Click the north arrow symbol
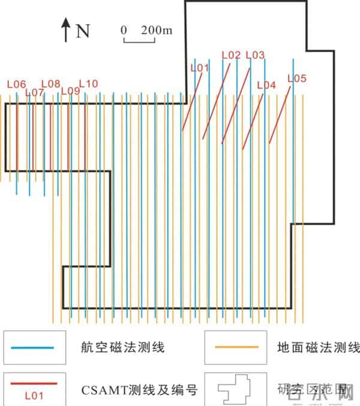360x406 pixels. (x=65, y=30)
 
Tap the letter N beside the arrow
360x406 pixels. (x=82, y=31)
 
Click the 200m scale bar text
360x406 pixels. (x=155, y=29)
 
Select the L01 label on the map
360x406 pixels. (x=199, y=67)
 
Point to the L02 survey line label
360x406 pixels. (x=231, y=55)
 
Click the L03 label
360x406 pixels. (x=255, y=55)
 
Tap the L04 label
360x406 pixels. (x=266, y=85)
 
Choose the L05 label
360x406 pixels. (x=296, y=78)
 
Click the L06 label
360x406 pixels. (x=16, y=85)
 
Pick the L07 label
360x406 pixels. (x=34, y=92)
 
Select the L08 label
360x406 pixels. (x=51, y=83)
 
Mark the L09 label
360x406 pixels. (x=70, y=91)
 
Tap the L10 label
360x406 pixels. (x=88, y=83)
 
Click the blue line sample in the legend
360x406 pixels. (x=33, y=347)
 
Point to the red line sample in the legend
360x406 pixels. (x=33, y=383)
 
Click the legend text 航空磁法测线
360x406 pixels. (x=122, y=347)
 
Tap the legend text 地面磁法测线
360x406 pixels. (x=318, y=347)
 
